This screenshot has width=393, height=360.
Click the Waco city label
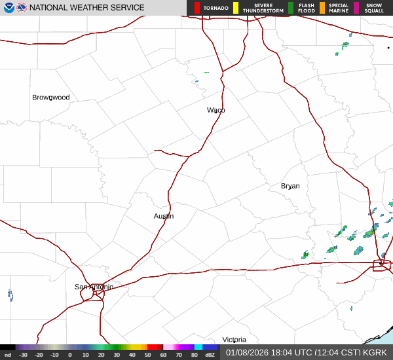pos(216,110)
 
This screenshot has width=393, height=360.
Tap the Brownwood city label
pos(51,98)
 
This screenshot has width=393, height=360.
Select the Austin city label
pos(164,216)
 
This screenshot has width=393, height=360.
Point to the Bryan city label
pos(290,186)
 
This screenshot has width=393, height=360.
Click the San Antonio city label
pos(94,287)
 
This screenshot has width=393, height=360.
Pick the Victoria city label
pos(234,340)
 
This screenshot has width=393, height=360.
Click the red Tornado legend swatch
pos(197,8)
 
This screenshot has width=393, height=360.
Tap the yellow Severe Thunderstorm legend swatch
pos(236,8)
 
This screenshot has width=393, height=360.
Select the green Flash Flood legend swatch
pos(291,8)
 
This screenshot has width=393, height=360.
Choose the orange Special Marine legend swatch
pos(322,8)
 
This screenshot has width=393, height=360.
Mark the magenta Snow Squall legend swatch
pos(356,8)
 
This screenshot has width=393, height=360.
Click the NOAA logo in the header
pos(9,8)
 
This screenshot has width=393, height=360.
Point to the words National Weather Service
pos(87,8)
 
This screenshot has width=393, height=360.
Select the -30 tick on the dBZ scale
pos(23,355)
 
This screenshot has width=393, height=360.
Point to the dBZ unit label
pos(210,355)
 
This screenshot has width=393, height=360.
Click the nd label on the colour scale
pos(7,355)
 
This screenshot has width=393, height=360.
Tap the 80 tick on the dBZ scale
pos(195,355)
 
